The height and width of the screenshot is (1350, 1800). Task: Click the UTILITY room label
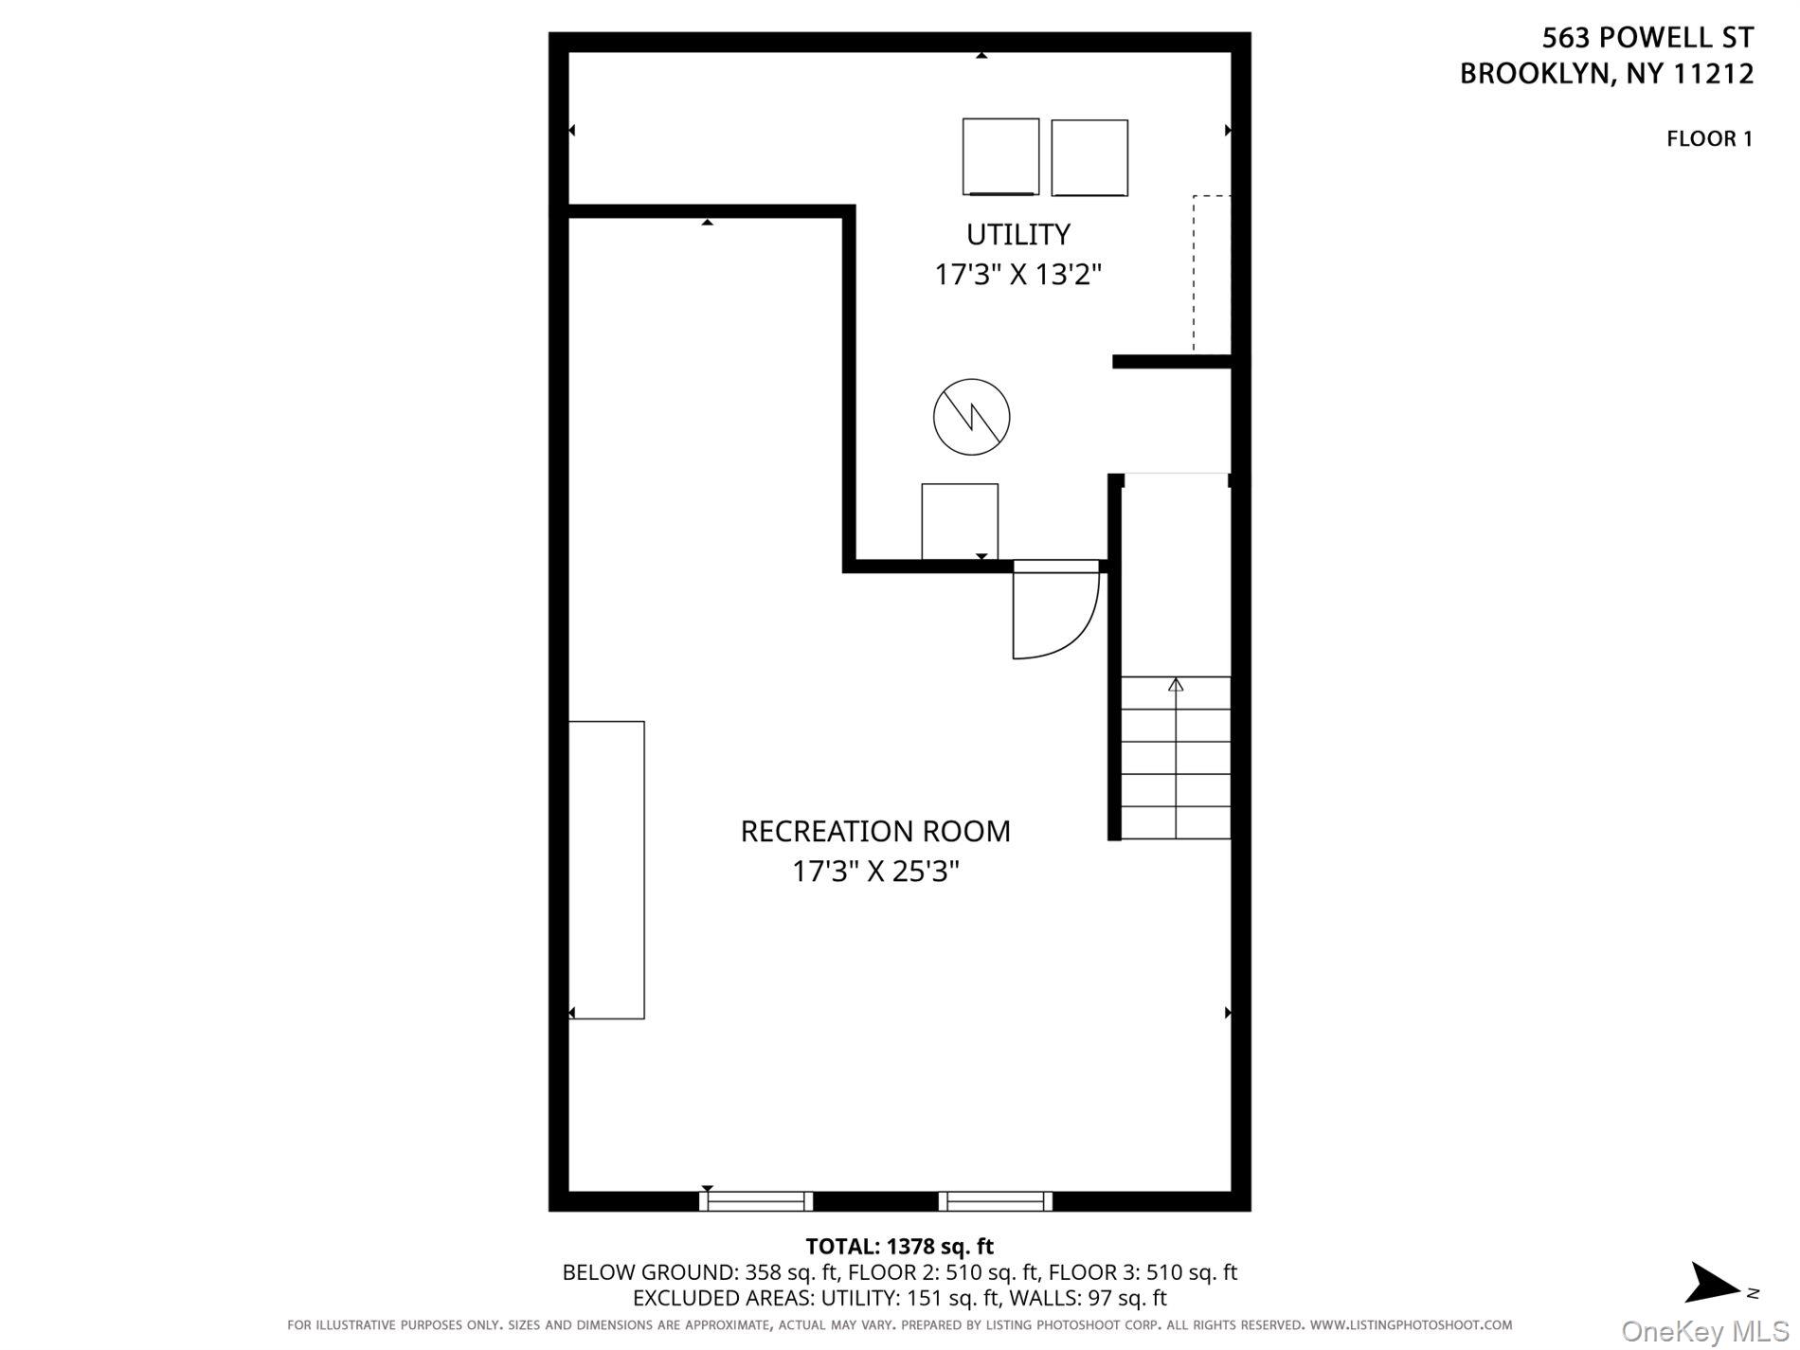coord(1017,234)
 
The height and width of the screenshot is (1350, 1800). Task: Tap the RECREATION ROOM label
coord(874,831)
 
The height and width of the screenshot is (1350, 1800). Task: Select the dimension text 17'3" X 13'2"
coord(1017,275)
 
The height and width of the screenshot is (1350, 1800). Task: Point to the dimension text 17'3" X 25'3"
coord(874,872)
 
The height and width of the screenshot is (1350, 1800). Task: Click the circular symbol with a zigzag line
coord(971,417)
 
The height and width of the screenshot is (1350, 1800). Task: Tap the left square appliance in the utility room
coord(1000,156)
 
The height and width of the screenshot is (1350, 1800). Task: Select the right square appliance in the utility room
coord(1089,157)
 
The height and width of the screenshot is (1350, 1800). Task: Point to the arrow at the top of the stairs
coord(1176,684)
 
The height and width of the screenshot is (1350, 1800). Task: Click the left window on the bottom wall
coord(756,1201)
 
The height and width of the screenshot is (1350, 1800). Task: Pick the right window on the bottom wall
coord(995,1201)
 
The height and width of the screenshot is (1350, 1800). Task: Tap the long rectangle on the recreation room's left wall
coord(606,870)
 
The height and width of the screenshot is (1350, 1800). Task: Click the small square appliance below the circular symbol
coord(959,521)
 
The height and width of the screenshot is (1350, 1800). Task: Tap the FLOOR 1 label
coord(1709,138)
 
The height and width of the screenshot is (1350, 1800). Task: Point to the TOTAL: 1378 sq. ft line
coord(899,1247)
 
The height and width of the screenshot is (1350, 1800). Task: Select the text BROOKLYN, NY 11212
coord(1606,74)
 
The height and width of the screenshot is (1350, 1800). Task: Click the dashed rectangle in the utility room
coord(1212,273)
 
